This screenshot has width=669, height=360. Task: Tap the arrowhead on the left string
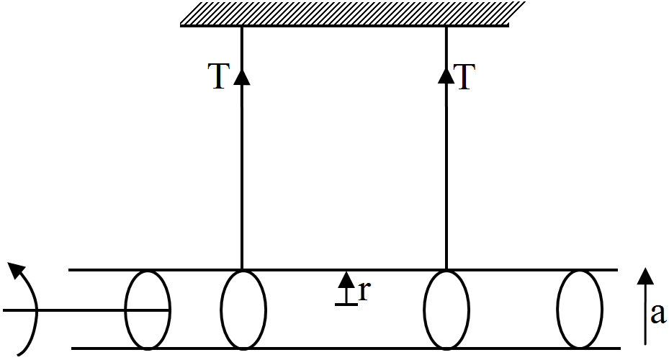coord(242,77)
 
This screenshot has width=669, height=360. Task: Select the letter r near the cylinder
coord(364,292)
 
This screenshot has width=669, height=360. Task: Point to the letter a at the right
coord(658,315)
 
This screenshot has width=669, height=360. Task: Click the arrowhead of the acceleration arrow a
coord(645,276)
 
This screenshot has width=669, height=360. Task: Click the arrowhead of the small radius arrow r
coord(346,279)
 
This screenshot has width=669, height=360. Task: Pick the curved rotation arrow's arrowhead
coord(17,271)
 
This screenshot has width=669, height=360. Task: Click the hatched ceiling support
coord(352,14)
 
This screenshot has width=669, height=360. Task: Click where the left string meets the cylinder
coord(242,269)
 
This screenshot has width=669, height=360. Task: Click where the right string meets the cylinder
coord(446,269)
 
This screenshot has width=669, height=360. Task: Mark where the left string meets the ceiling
coord(242,26)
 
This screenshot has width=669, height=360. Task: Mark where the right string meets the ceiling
coord(446,26)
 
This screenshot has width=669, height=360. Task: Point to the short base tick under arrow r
coord(346,304)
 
